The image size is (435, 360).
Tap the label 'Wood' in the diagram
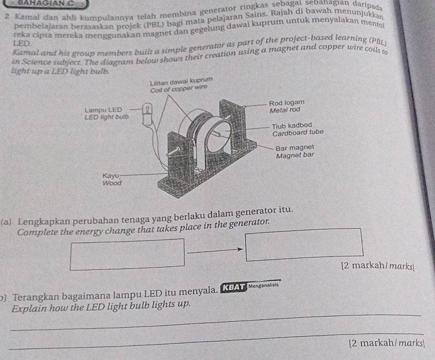click(x=112, y=183)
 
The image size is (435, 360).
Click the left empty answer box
click(x=127, y=254)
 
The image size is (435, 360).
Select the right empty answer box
click(x=307, y=244)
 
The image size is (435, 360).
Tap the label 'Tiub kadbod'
click(x=290, y=125)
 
